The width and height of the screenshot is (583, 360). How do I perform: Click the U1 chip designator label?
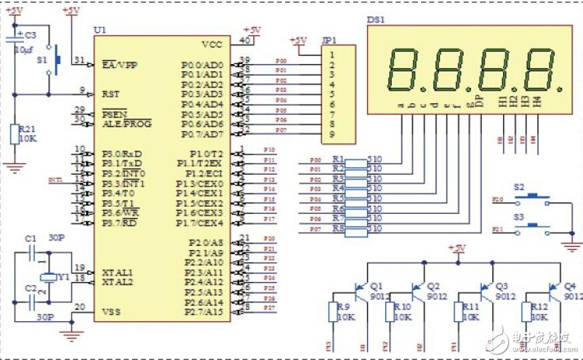[101, 31]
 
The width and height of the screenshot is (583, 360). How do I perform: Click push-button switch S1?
[56, 60]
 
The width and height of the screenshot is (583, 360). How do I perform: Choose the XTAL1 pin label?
[118, 273]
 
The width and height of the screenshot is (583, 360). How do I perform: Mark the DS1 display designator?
[375, 19]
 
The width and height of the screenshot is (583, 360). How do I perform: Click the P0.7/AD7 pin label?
[203, 134]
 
